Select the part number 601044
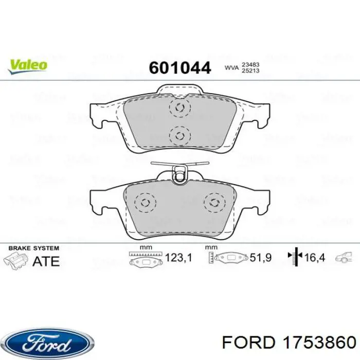[180, 67]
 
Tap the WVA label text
[231, 67]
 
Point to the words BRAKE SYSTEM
[34, 248]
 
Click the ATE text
[46, 260]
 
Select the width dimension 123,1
[178, 258]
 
